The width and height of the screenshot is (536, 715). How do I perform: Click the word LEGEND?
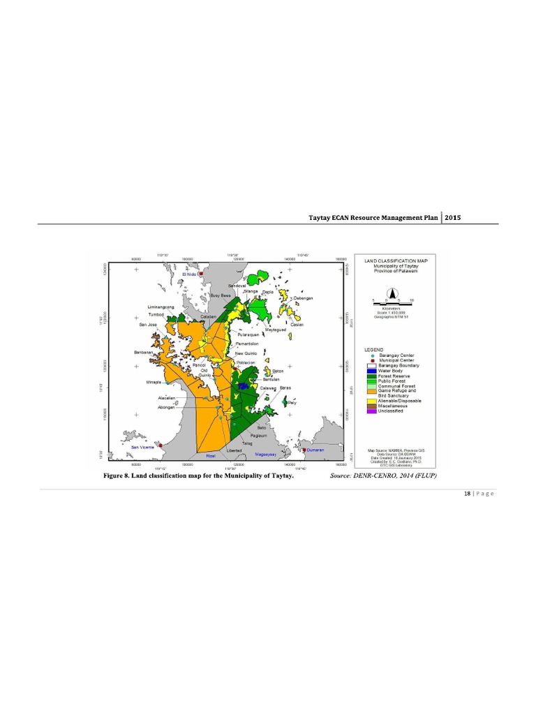click(375, 348)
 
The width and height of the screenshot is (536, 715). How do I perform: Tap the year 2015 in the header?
click(452, 217)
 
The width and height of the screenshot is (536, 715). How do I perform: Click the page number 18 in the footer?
click(466, 494)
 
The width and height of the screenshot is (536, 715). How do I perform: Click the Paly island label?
click(291, 404)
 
